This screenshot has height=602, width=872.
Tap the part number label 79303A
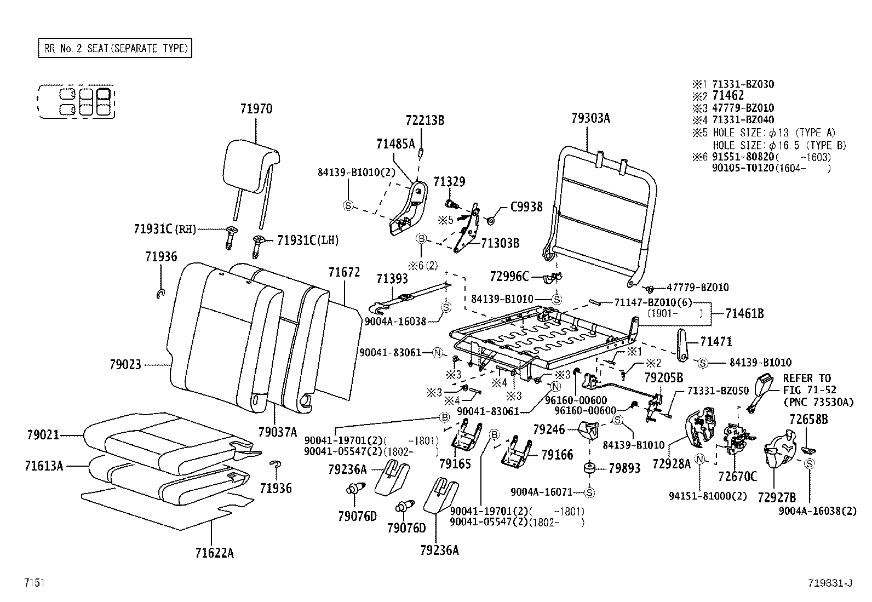click(590, 118)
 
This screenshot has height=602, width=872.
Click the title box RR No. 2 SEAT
click(115, 48)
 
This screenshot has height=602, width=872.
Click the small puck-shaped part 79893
click(590, 469)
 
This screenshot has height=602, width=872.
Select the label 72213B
click(425, 120)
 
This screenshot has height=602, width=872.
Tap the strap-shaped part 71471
click(682, 345)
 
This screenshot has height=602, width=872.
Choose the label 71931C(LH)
click(308, 240)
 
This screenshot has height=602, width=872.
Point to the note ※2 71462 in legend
click(718, 96)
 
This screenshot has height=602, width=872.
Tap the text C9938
click(526, 207)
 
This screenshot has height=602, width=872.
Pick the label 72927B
click(777, 497)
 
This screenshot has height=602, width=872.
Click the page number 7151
click(34, 583)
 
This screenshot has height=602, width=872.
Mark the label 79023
click(125, 364)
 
